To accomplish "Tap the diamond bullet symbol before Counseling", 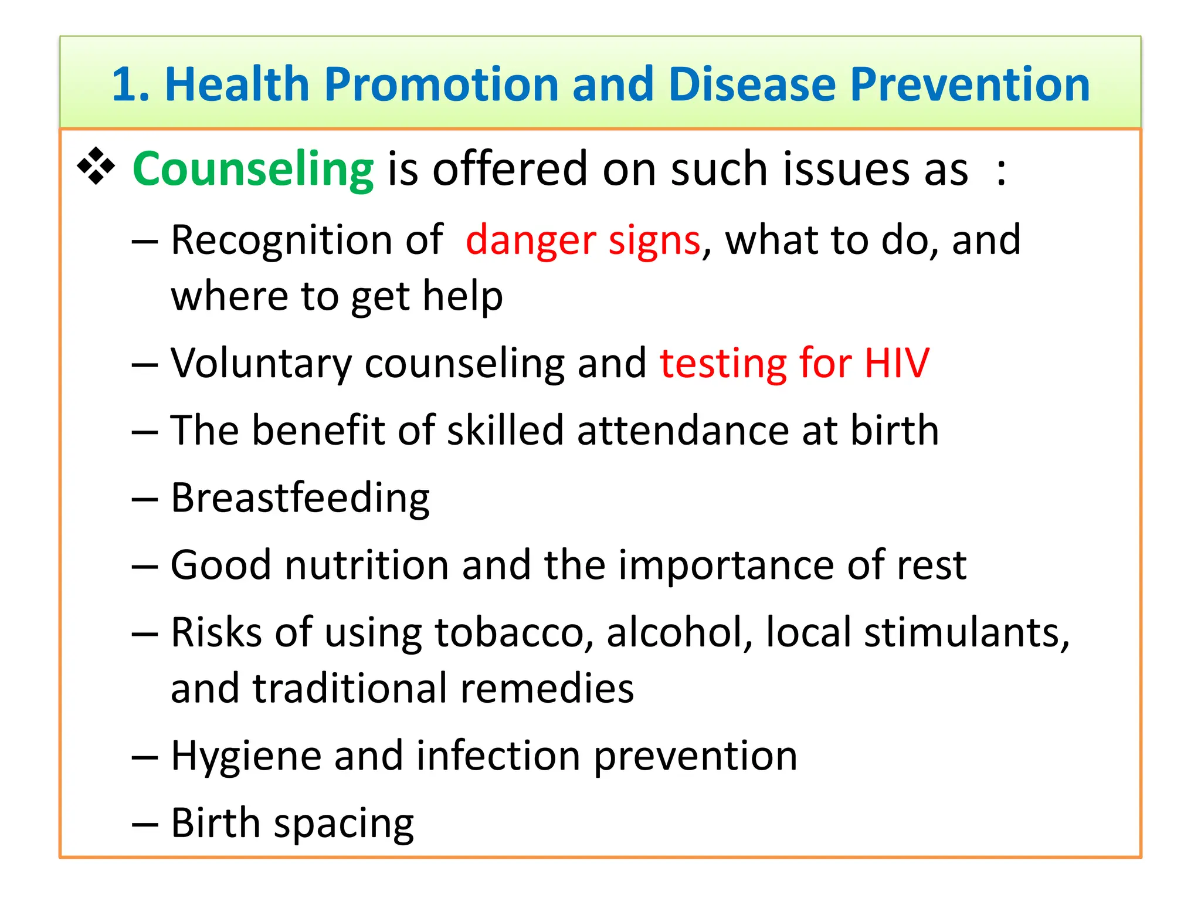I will tap(96, 167).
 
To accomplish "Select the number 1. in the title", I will tap(131, 84).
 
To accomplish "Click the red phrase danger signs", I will tap(583, 241).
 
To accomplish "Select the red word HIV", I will tap(897, 363).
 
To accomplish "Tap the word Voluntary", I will tap(261, 363).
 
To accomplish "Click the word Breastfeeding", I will tap(300, 498).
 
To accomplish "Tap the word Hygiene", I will tap(246, 756).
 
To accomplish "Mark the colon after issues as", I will tap(1002, 171).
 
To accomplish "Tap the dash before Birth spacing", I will tap(145, 824).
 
